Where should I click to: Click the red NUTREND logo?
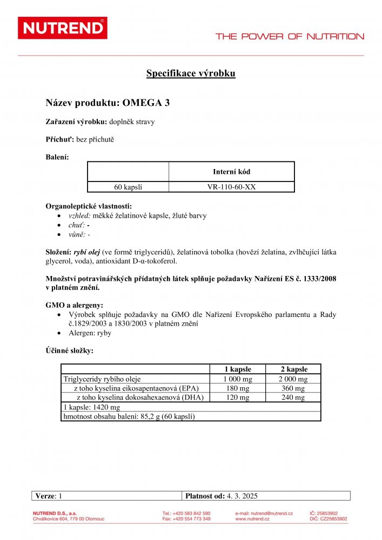[x=62, y=28]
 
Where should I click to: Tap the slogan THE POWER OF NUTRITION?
[x=290, y=37]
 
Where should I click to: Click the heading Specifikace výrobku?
[x=191, y=74]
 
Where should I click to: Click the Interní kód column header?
[x=231, y=172]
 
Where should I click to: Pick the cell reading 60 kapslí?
[x=128, y=187]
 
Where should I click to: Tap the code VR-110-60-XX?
[x=231, y=187]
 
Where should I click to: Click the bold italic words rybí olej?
[x=86, y=252]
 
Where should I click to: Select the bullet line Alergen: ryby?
[x=90, y=333]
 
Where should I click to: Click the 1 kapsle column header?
[x=237, y=369]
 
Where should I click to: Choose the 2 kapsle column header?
[x=293, y=369]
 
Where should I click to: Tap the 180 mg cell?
[x=237, y=388]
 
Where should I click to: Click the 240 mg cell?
[x=293, y=397]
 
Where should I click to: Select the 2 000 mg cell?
[x=293, y=379]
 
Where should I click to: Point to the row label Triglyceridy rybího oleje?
[x=102, y=379]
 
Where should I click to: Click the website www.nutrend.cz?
[x=252, y=519]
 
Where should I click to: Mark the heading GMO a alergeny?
[x=74, y=305]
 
